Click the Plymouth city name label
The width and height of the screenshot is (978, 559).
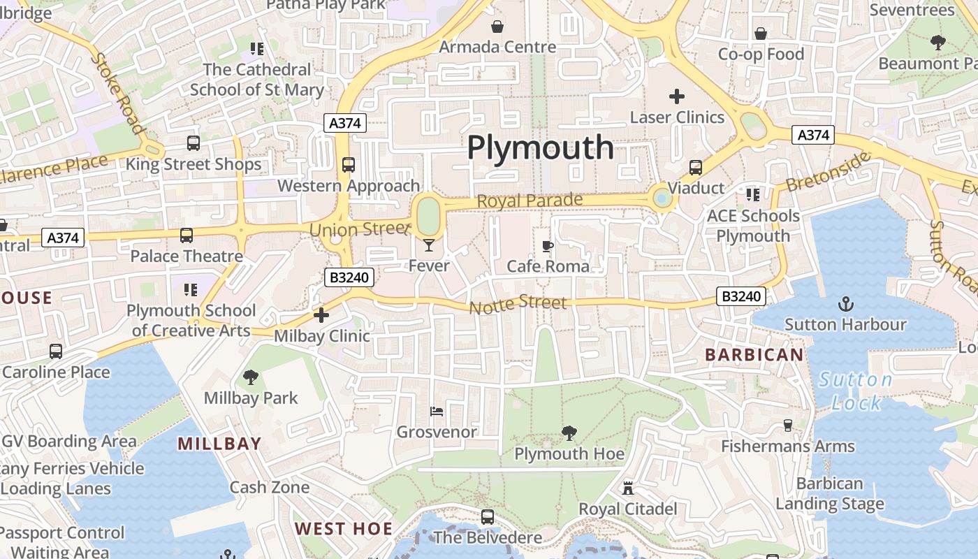pos(540,148)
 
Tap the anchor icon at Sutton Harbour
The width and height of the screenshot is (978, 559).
pos(845,304)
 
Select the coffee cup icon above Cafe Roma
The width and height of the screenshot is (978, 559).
pos(548,246)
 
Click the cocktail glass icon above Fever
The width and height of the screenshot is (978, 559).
pos(429,245)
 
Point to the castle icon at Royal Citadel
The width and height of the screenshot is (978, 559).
pos(627,488)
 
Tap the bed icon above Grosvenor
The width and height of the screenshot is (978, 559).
pos(437,412)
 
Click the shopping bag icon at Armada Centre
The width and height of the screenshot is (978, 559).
pos(497,27)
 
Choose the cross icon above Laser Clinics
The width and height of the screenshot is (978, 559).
pos(676,96)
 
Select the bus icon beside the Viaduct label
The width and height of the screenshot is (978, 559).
pos(695,168)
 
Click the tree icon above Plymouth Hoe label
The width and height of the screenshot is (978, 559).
pos(569,433)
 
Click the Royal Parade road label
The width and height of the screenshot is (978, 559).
pos(530,201)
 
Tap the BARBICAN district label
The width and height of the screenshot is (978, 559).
pos(754,355)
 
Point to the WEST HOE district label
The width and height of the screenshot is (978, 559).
pos(343,528)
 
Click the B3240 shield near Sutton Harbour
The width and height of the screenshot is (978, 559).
pos(740,296)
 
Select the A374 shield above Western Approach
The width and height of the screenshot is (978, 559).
pos(345,124)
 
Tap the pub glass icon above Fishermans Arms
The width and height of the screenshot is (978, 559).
pos(788,426)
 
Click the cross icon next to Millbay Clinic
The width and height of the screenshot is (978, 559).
pos(321,315)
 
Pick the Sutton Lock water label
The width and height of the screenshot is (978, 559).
pos(856,391)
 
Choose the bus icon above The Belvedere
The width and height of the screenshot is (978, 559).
pos(488,517)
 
